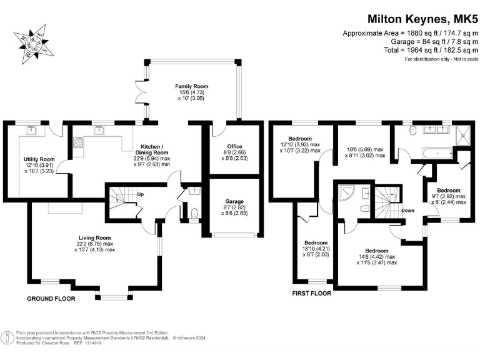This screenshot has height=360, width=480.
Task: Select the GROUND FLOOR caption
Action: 51,299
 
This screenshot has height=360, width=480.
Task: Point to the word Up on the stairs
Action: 141,194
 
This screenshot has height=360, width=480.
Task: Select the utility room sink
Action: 30,131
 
